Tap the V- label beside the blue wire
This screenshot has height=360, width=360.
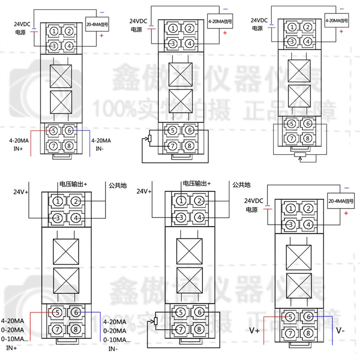pos(340,331)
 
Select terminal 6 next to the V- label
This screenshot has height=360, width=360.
pos(308,317)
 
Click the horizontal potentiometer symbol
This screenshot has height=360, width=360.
pos(299,155)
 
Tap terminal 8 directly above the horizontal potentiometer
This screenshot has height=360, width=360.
pos(308,138)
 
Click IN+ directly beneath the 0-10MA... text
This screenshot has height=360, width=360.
pos(11,347)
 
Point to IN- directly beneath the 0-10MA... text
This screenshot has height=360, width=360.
pos(112,348)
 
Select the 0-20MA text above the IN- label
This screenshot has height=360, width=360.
pos(115,330)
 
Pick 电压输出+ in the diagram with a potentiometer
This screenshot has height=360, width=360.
pos(197,184)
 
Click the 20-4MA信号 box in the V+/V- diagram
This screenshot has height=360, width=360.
pos(341,201)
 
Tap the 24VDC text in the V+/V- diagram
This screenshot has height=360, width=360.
pos(254,201)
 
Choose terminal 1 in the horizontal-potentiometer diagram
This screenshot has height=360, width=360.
pos(292,27)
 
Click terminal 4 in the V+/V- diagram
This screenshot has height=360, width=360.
pos(308,224)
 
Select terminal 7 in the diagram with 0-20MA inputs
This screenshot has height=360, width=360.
pos(57,328)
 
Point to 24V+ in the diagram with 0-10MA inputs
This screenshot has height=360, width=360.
pos(21,192)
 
